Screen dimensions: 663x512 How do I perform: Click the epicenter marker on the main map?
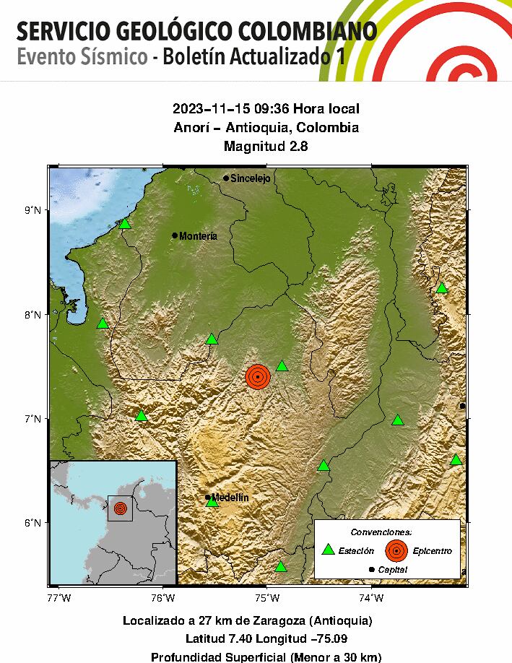click(257, 376)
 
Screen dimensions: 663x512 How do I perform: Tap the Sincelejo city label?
click(250, 178)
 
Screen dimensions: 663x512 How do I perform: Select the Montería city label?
click(198, 236)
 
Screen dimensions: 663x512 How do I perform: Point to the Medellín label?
click(230, 498)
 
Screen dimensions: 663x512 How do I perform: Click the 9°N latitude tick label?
click(33, 211)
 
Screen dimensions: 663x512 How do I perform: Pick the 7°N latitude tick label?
click(33, 419)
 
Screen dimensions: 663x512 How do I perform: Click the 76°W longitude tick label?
click(164, 598)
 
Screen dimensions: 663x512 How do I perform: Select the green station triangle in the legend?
click(329, 550)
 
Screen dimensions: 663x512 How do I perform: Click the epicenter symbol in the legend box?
click(396, 550)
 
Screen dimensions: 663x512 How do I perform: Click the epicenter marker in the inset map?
click(120, 508)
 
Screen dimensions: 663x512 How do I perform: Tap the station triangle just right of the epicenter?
click(282, 366)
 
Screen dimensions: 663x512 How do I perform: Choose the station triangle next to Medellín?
click(212, 502)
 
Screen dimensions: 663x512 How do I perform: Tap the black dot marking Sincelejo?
click(226, 178)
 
